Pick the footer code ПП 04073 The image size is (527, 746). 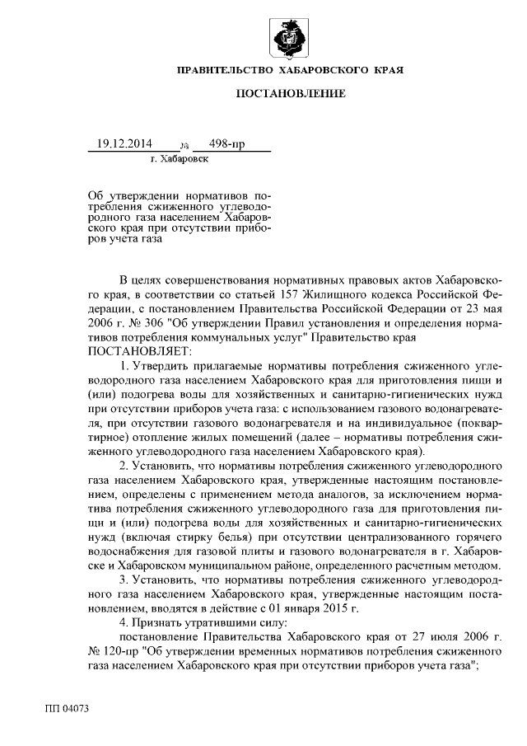[x=67, y=709]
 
